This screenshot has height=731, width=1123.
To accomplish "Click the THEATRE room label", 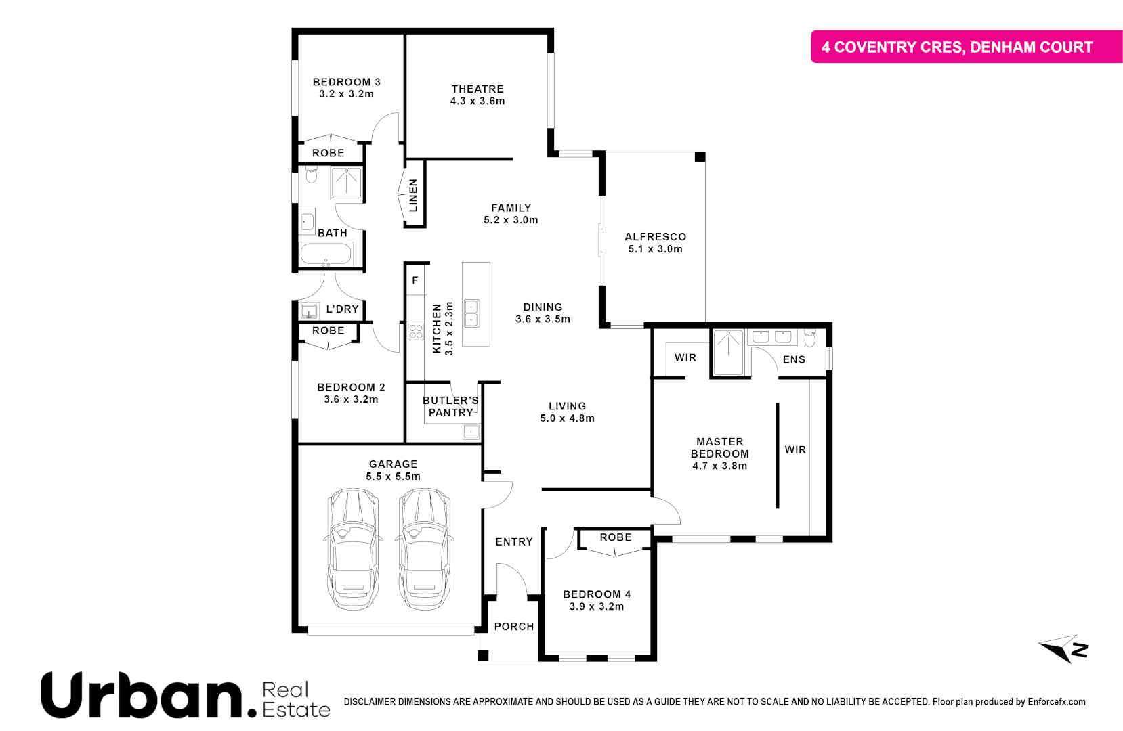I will click(478, 89).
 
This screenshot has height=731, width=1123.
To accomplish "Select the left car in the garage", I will click(352, 549).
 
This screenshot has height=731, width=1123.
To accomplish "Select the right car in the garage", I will click(424, 549).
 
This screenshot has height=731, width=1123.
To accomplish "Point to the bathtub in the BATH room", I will click(326, 254).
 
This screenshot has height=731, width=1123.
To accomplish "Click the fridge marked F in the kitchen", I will click(415, 280).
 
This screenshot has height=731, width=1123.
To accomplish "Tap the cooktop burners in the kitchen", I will click(415, 332).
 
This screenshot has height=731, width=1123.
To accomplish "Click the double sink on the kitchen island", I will click(471, 313).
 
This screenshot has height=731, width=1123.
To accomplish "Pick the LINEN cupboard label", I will click(413, 195).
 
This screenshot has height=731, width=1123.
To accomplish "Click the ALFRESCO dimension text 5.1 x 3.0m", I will click(655, 249).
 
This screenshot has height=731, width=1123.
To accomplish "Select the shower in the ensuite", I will click(728, 352).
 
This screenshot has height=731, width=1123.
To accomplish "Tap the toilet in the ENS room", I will click(809, 338).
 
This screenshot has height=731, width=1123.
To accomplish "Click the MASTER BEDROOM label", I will click(719, 447).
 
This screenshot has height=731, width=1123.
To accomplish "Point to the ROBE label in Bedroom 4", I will click(615, 537).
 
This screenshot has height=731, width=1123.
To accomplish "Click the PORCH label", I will click(513, 627).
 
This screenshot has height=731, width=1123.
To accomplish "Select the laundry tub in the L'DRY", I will click(309, 312).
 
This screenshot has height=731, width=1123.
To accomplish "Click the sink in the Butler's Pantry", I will click(471, 431).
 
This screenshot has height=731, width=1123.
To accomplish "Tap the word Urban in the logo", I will click(141, 695).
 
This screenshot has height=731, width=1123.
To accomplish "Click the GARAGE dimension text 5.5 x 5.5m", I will click(393, 477).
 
